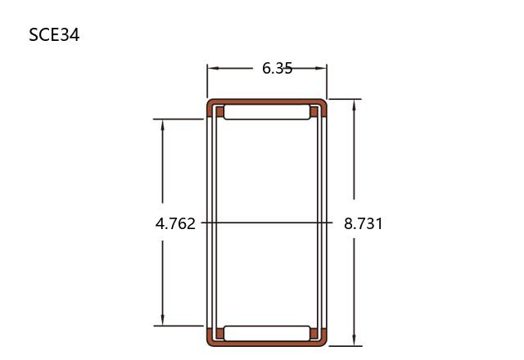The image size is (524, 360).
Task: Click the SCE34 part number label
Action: point(54,35)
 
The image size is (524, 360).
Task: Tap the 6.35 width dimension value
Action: point(277,69)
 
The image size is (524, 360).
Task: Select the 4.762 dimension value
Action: point(175,223)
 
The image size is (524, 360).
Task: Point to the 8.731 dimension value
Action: point(364,223)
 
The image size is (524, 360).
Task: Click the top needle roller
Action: point(267,112)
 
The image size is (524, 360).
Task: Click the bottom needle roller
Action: point(267,333)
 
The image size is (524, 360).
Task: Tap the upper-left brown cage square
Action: point(219,112)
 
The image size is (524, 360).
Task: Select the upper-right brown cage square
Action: point(314,112)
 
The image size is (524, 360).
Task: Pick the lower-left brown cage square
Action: point(219,333)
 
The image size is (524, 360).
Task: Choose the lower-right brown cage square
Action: point(314,333)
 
